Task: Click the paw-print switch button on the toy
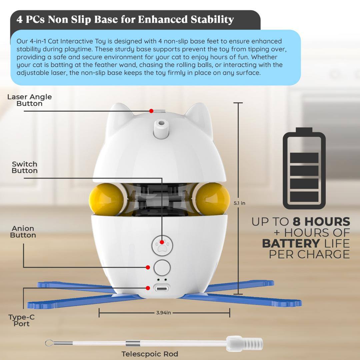point(162,246)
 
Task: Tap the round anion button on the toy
point(162,268)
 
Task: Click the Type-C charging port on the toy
point(162,287)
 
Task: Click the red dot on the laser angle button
point(151,111)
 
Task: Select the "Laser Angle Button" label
point(29,100)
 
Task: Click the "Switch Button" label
point(25,167)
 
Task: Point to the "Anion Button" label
point(23,232)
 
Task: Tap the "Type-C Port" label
point(22,320)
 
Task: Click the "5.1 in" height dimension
point(239,203)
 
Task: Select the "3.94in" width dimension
point(163,313)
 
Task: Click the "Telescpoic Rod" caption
point(150,354)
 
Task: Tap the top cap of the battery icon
point(304,130)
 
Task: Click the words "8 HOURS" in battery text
point(321,222)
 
